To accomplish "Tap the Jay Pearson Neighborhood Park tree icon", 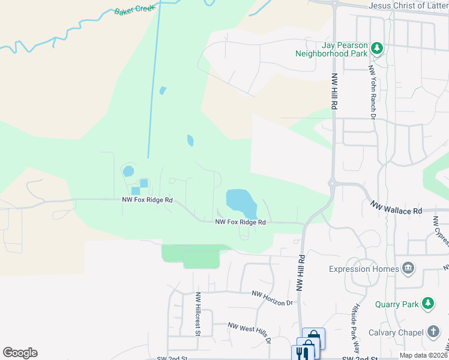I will point(377,48).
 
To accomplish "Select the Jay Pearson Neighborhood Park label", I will point(331,49).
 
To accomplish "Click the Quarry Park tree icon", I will point(428,304).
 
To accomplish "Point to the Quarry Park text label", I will point(397,304).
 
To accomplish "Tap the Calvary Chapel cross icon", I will point(433,332).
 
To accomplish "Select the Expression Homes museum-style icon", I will point(408,268).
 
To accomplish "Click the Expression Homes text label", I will point(363,269).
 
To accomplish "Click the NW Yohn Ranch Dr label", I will point(372,91).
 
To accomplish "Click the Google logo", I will point(20,353).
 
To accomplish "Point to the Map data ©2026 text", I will point(423,355).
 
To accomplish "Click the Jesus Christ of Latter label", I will point(408,5).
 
